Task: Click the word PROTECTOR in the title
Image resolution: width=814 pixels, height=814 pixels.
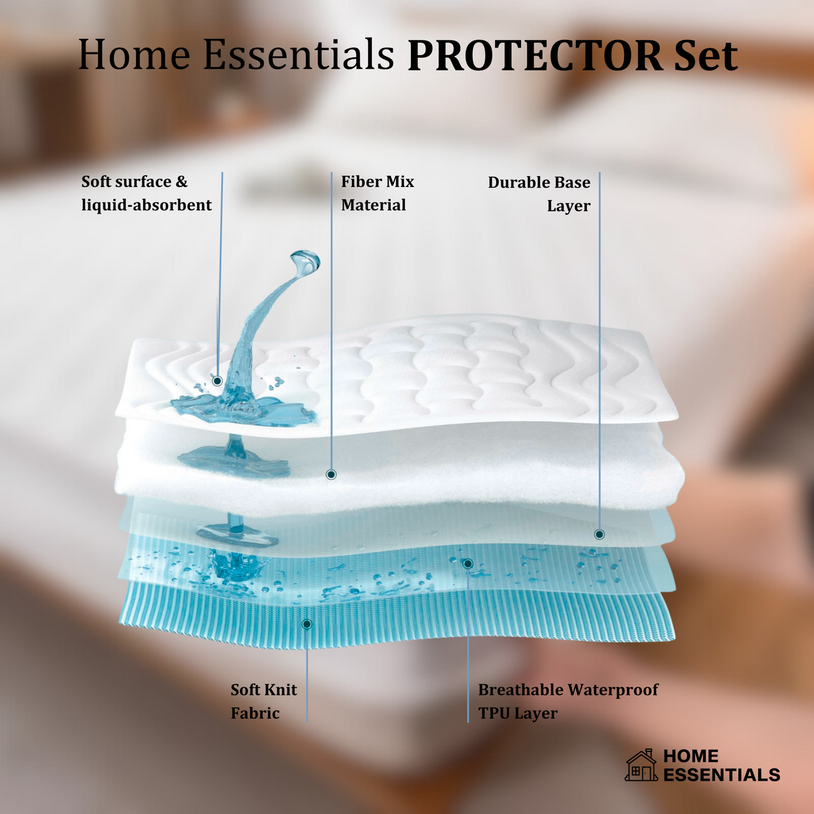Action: tap(535, 56)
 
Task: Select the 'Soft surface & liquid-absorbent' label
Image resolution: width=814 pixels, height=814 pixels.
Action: tap(146, 193)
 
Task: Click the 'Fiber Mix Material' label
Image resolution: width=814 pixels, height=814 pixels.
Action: tap(377, 193)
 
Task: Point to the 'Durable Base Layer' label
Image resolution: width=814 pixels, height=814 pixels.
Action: tap(539, 194)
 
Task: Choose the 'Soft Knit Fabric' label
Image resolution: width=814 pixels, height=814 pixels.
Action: tap(263, 701)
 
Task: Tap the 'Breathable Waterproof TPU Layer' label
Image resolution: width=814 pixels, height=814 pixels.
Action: tap(568, 701)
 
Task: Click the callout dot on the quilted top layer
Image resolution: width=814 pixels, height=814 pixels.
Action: tap(217, 381)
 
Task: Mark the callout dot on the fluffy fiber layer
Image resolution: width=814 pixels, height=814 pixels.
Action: tap(331, 475)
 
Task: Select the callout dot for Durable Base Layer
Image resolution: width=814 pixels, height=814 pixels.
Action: tap(599, 534)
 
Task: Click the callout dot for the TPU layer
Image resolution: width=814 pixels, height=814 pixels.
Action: tap(468, 564)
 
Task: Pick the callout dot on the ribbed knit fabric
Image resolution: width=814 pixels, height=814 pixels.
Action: tap(307, 624)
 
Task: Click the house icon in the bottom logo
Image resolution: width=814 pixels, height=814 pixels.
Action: tap(641, 766)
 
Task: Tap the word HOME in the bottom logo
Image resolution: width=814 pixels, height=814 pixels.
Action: tap(691, 756)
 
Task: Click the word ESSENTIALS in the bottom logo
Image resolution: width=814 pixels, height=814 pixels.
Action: tap(721, 775)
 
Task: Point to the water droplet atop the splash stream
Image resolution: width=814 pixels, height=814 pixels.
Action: tap(305, 262)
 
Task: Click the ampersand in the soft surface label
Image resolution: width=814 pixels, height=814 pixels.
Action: tap(181, 182)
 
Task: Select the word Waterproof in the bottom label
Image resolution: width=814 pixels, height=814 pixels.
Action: tap(613, 690)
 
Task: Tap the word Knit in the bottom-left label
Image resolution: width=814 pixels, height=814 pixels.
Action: tap(281, 690)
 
